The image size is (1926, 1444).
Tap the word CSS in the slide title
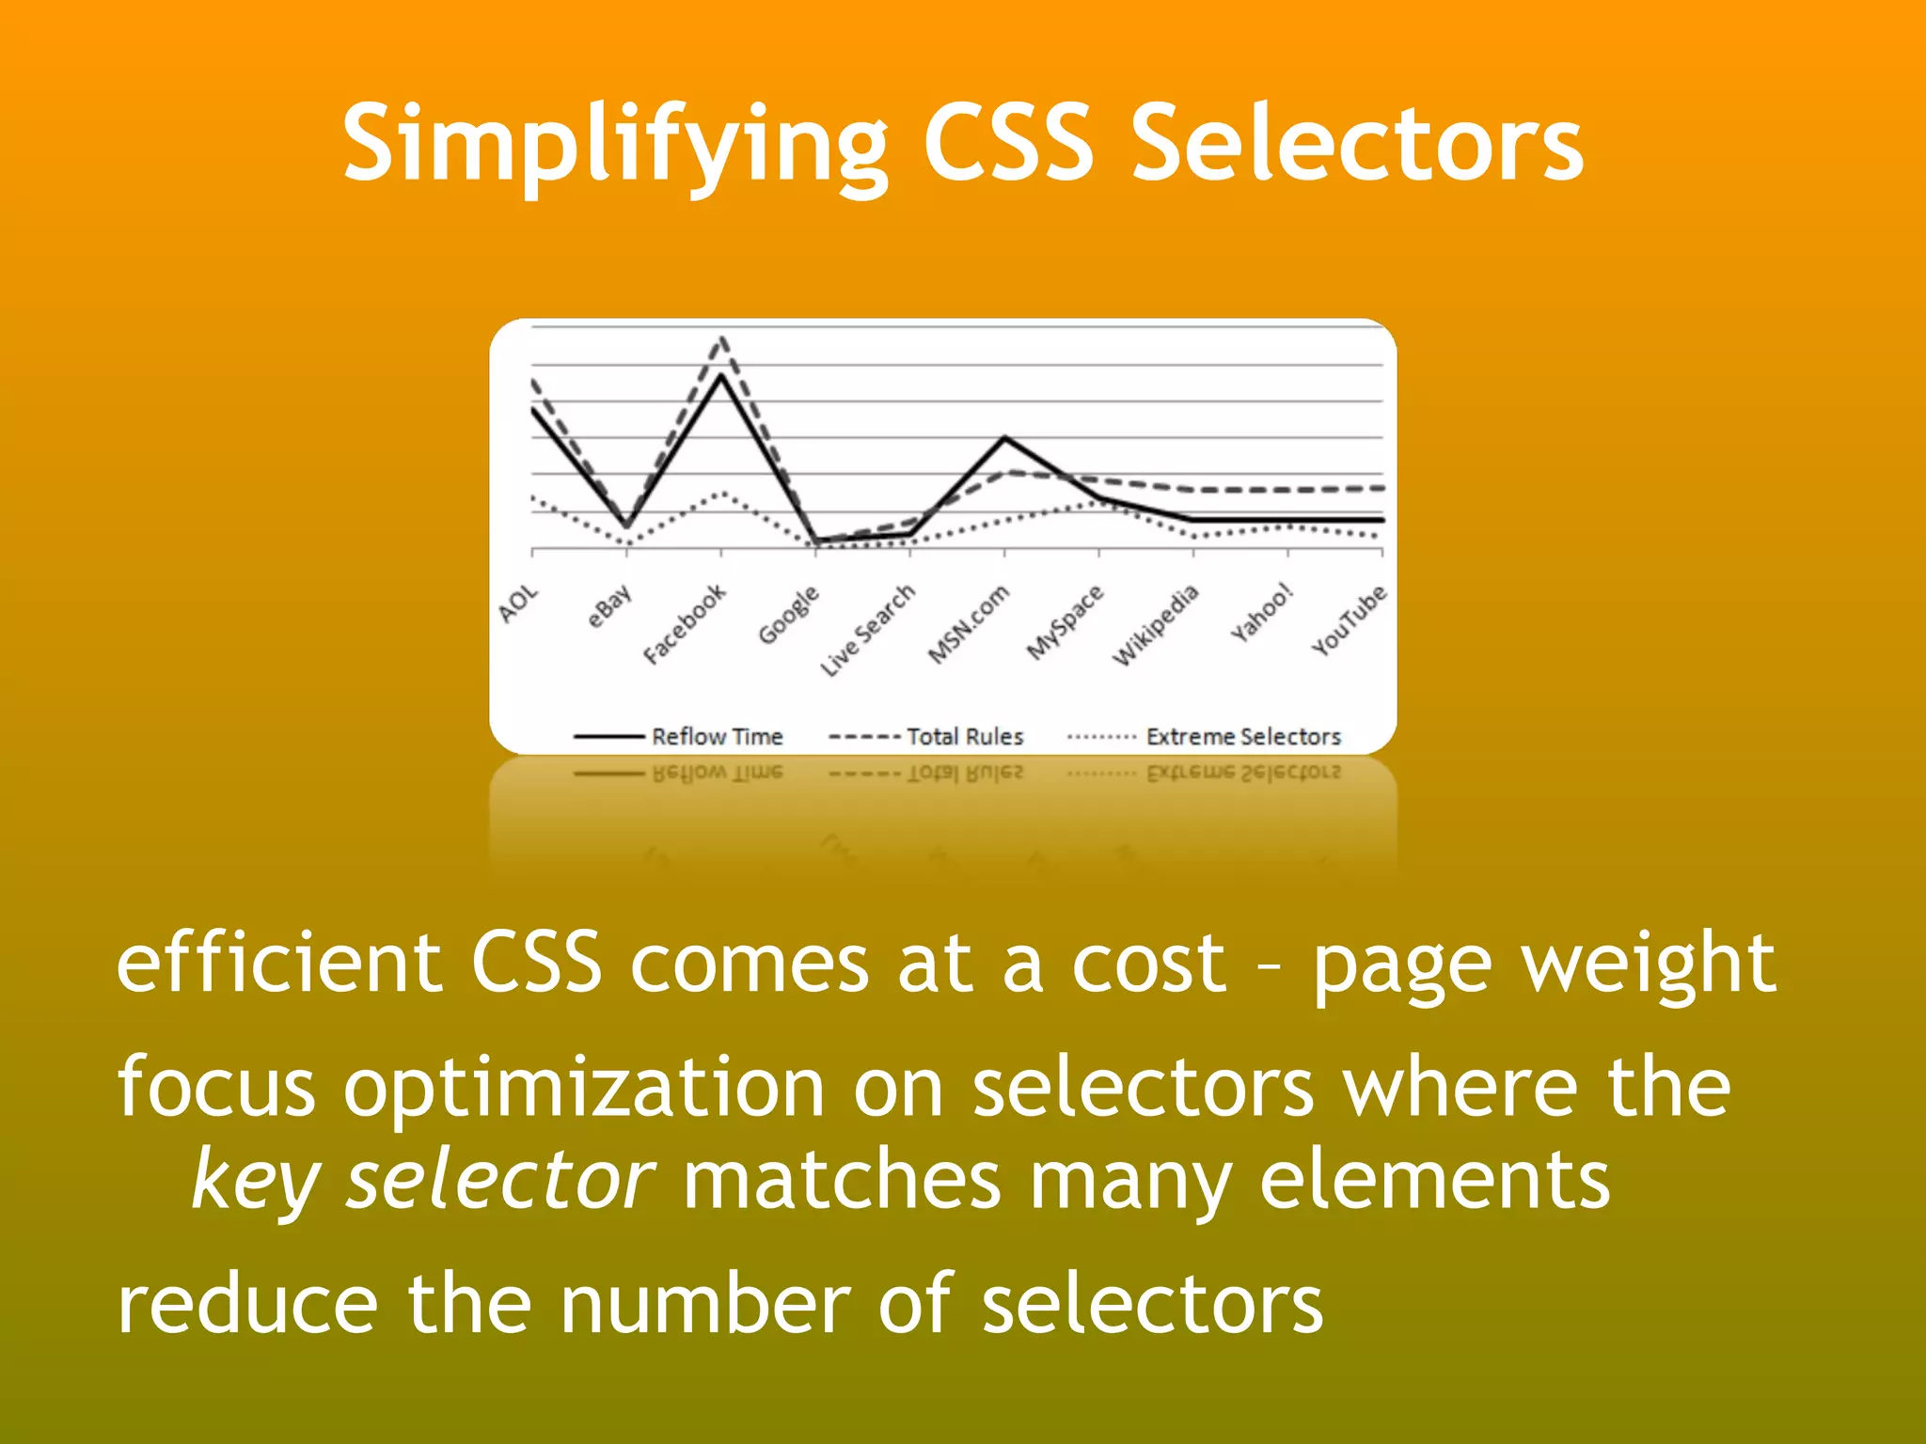pyautogui.click(x=1009, y=143)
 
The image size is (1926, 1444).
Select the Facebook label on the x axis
pyautogui.click(x=685, y=623)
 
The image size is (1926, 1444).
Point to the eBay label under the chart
pyautogui.click(x=609, y=606)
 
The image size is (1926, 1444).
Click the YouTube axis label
pyautogui.click(x=1350, y=620)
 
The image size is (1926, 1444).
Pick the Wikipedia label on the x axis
pyautogui.click(x=1156, y=624)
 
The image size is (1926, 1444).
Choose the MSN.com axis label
pyautogui.click(x=969, y=623)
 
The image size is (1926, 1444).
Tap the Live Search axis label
pyautogui.click(x=867, y=629)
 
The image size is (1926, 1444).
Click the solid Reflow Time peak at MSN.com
pyautogui.click(x=1004, y=437)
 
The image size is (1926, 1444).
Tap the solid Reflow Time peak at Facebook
pyautogui.click(x=721, y=375)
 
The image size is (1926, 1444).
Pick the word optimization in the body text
pyautogui.click(x=583, y=1088)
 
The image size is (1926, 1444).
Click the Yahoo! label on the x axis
pyautogui.click(x=1262, y=613)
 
